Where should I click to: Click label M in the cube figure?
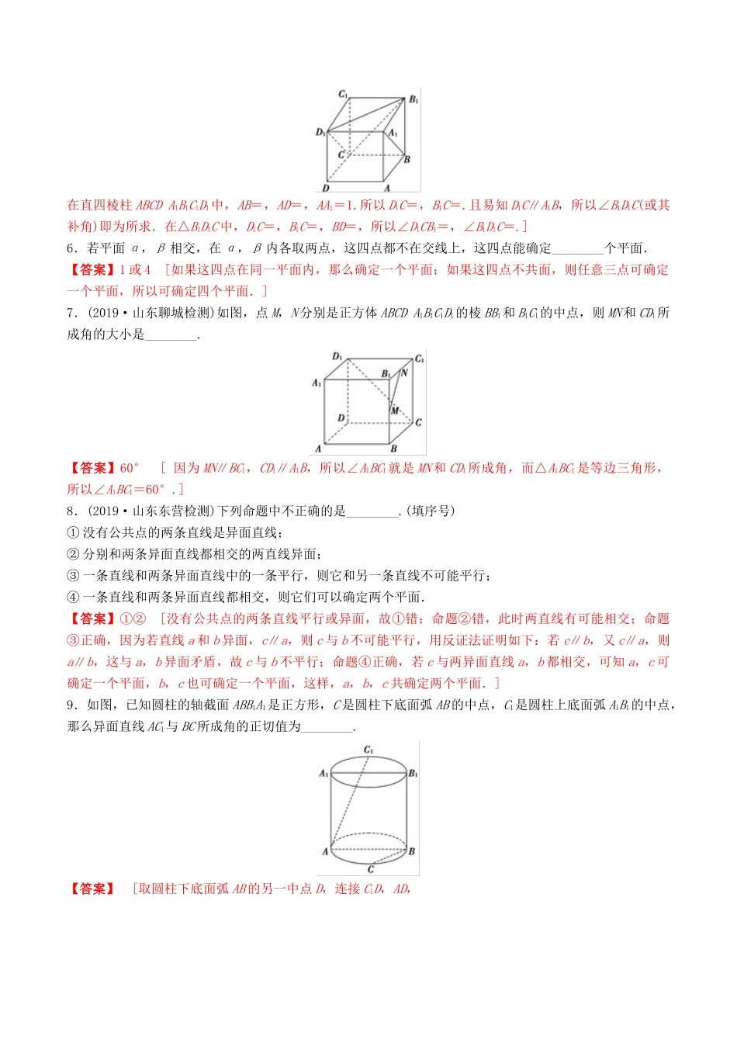tap(395, 410)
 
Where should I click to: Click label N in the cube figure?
tap(404, 373)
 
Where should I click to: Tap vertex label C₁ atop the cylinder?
tap(368, 750)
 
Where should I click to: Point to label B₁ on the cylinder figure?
tap(413, 774)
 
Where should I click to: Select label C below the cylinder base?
tap(370, 870)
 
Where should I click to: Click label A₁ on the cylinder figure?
tap(324, 774)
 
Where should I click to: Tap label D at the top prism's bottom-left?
tap(326, 188)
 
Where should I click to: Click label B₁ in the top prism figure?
tap(413, 100)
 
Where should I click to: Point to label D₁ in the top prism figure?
tap(320, 133)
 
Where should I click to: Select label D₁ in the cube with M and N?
tap(337, 357)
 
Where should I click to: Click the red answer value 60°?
tap(130, 468)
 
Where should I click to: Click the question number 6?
tap(71, 248)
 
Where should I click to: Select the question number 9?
tap(71, 705)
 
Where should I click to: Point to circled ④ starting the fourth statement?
tap(74, 597)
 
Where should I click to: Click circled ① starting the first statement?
tap(74, 532)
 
